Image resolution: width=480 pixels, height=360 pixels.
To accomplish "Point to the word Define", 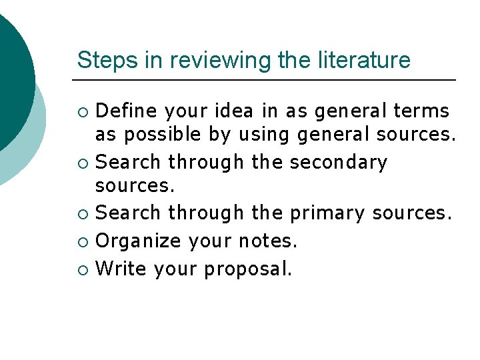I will [x=127, y=109].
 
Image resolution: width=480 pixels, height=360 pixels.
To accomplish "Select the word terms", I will [x=422, y=109].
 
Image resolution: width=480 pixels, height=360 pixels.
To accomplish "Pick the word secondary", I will [x=340, y=161].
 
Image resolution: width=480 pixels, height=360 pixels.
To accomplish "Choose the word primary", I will [x=327, y=213].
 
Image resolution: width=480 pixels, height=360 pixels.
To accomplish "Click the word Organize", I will [x=137, y=240].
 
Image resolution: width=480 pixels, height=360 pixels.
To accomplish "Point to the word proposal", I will [x=248, y=269].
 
